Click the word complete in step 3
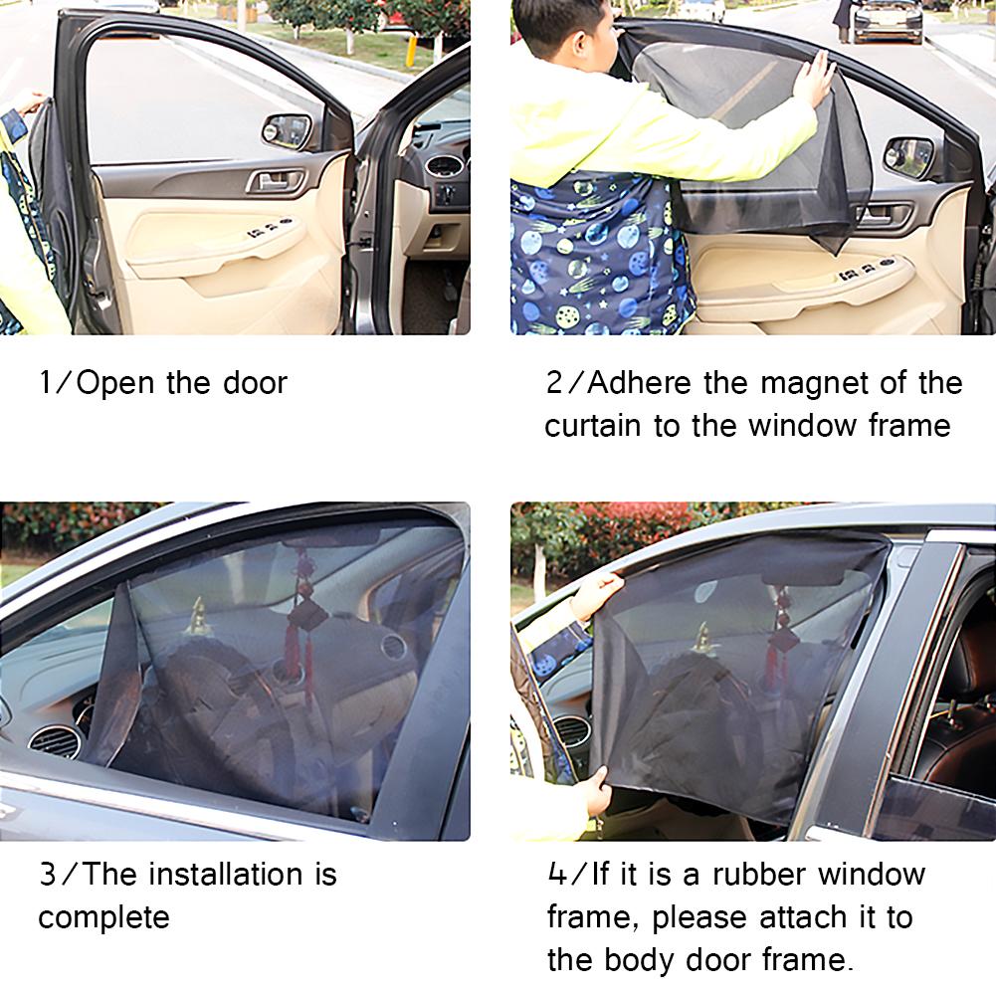[103, 917]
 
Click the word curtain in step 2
[594, 426]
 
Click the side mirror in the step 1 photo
[287, 129]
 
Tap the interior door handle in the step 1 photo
[269, 181]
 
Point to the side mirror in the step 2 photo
[909, 156]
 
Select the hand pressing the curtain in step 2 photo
[814, 80]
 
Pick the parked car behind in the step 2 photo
[888, 20]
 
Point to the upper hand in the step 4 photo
[594, 594]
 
